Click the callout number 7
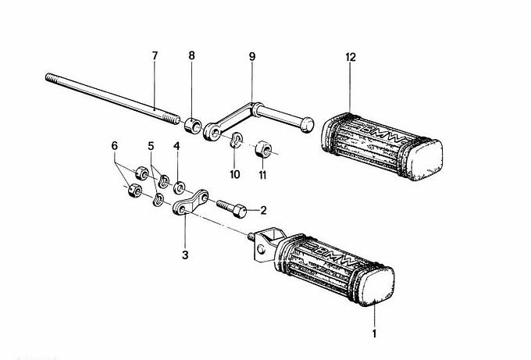pyautogui.click(x=154, y=56)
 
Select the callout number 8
pyautogui.click(x=192, y=56)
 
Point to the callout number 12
pyautogui.click(x=350, y=56)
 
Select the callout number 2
pyautogui.click(x=263, y=209)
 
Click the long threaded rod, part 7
pyautogui.click(x=109, y=98)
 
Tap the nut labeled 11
pyautogui.click(x=262, y=149)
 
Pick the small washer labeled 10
pyautogui.click(x=233, y=140)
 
